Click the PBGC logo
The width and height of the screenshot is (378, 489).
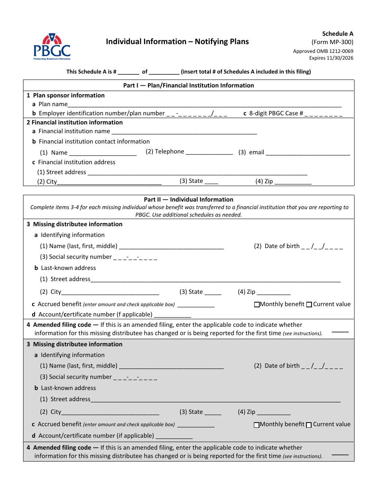[x=52, y=47]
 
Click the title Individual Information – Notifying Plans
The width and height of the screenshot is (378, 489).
[x=177, y=42]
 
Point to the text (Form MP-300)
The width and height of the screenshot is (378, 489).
[x=332, y=42]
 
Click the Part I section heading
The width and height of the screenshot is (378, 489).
[x=189, y=85]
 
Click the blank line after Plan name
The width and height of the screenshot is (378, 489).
[x=205, y=105]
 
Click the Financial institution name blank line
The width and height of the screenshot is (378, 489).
[x=184, y=132]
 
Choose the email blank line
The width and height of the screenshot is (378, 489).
[x=308, y=153]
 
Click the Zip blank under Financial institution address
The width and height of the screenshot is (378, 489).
[x=293, y=182]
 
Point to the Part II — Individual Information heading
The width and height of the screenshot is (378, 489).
[x=189, y=200]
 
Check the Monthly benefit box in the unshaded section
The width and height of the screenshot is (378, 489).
[x=257, y=305]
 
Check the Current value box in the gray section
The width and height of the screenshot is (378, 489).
[x=309, y=425]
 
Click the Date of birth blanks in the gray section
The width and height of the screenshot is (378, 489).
[x=322, y=366]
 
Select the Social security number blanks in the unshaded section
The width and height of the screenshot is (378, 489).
[x=135, y=258]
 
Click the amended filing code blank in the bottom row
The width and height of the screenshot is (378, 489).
[x=340, y=454]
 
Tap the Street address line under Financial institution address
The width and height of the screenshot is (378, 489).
[x=197, y=173]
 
